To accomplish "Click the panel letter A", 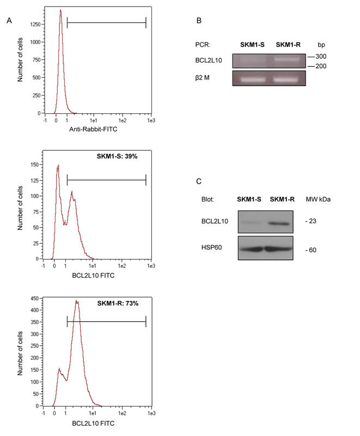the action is [x=9, y=21].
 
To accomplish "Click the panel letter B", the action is [x=199, y=21].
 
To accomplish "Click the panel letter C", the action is [x=199, y=181].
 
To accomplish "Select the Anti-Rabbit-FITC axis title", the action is [x=93, y=130].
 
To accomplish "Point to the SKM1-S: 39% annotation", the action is [x=117, y=156].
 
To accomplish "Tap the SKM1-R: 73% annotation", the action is [x=118, y=303].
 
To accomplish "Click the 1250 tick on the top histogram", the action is [x=35, y=24].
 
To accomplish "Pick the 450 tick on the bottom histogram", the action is [x=34, y=299].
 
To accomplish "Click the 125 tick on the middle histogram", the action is [x=34, y=181].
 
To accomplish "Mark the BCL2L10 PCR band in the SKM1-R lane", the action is [x=287, y=59].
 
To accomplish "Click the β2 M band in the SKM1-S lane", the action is [x=253, y=80].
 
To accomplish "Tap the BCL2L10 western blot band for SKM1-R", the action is [x=279, y=223].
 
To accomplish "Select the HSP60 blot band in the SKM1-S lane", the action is [x=251, y=249].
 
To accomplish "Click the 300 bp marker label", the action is [x=321, y=57].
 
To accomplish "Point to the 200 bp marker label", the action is [x=321, y=66].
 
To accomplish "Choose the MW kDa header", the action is [x=318, y=199].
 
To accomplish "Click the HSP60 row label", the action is [x=211, y=247].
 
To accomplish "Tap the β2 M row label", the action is [x=202, y=78].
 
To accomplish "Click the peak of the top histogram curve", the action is [x=60, y=10].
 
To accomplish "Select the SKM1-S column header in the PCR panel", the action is [x=252, y=45].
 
